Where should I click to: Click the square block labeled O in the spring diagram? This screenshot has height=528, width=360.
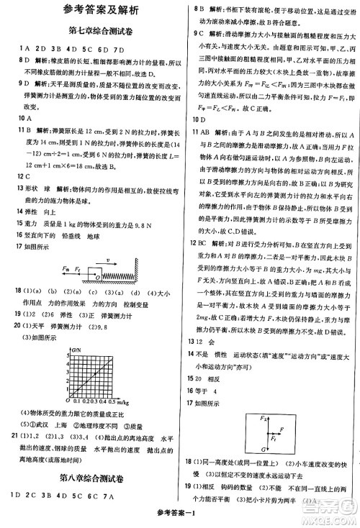96,274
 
